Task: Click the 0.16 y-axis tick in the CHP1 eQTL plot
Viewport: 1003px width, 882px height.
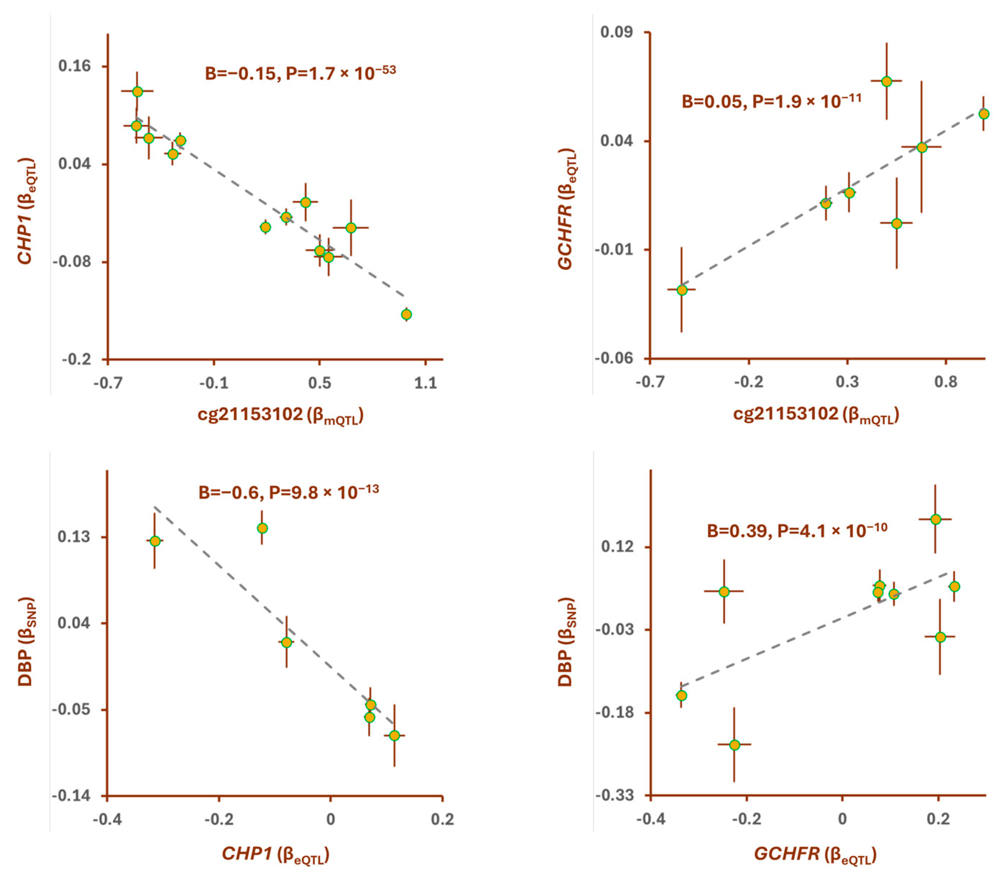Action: tap(75, 66)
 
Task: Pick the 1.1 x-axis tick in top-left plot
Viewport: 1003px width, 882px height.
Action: tap(425, 382)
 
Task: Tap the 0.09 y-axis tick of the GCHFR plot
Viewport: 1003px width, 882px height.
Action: tap(616, 32)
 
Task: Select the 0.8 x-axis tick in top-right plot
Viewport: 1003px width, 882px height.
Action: tap(945, 382)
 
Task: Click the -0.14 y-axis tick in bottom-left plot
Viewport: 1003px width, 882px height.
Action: tap(71, 796)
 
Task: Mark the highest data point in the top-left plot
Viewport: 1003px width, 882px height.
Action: tap(137, 91)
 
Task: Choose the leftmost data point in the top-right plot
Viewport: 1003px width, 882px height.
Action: tap(681, 290)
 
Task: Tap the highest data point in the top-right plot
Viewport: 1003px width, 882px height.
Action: tap(886, 82)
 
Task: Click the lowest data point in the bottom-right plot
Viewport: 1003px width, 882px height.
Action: tap(734, 745)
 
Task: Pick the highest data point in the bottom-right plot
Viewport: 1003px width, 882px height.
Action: tap(935, 519)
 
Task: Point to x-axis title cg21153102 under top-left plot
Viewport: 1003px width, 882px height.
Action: tap(280, 415)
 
